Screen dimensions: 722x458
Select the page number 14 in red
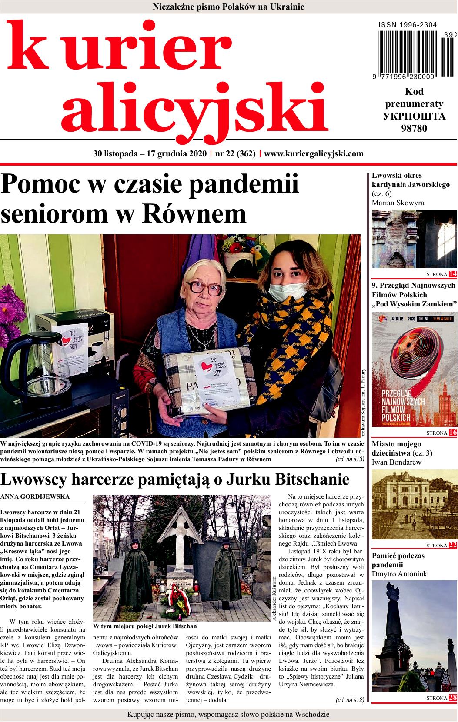pos(453,273)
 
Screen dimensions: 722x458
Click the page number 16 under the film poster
pos(453,433)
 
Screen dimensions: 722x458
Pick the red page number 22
pos(453,546)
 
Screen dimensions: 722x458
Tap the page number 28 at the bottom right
pos(453,698)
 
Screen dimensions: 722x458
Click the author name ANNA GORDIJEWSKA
pos(35,496)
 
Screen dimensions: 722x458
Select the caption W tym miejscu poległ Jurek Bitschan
pos(145,626)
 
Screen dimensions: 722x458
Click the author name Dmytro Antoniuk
pos(399,574)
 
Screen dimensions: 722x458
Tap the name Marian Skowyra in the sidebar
pos(398,203)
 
